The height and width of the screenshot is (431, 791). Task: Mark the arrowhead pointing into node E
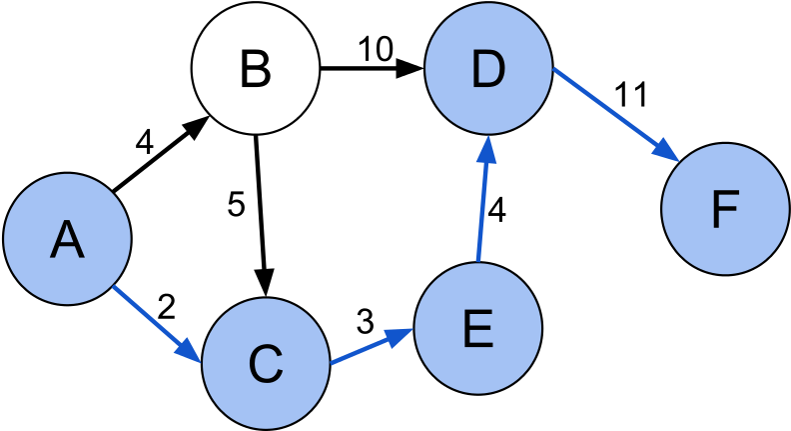point(401,335)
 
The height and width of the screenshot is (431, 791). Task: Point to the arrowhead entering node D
point(486,150)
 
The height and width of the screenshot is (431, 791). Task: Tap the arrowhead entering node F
point(667,149)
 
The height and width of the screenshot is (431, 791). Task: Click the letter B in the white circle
point(256,70)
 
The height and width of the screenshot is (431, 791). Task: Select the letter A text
point(67,240)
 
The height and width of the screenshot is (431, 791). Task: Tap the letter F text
point(725,210)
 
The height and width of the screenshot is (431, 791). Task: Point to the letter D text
point(488,69)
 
